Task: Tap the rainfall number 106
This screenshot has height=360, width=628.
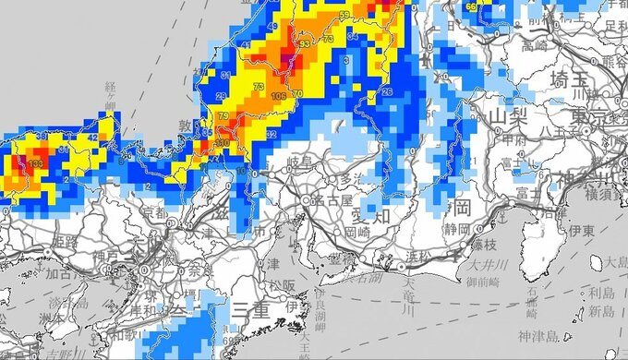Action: click(279, 96)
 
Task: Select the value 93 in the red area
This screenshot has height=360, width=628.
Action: click(306, 43)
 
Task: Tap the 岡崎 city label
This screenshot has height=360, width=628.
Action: click(360, 234)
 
